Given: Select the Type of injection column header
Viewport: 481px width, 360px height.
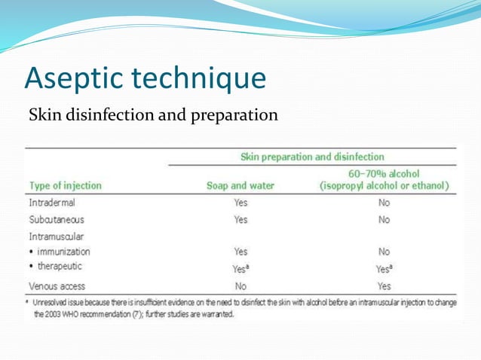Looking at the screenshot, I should click(x=65, y=185).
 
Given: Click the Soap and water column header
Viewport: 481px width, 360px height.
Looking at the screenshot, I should click(x=240, y=185).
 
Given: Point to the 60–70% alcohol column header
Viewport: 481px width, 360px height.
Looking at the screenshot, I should click(x=384, y=179).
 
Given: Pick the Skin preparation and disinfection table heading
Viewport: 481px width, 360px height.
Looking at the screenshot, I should click(x=311, y=157).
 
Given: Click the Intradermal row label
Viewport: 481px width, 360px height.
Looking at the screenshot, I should click(x=52, y=203).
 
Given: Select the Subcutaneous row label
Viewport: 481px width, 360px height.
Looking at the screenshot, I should click(x=57, y=220).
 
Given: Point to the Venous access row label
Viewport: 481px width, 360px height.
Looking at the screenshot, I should click(x=57, y=286).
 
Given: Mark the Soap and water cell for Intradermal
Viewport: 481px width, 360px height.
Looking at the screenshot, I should click(x=240, y=203).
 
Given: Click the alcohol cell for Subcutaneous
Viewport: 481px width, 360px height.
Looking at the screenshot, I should click(x=384, y=220).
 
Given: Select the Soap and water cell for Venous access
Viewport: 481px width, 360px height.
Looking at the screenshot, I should click(x=240, y=286).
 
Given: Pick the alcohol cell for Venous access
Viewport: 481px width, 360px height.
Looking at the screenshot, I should click(x=384, y=286).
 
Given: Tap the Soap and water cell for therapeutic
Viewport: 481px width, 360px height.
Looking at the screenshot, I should click(x=241, y=267).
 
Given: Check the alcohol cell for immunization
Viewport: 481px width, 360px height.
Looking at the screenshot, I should click(x=384, y=252).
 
